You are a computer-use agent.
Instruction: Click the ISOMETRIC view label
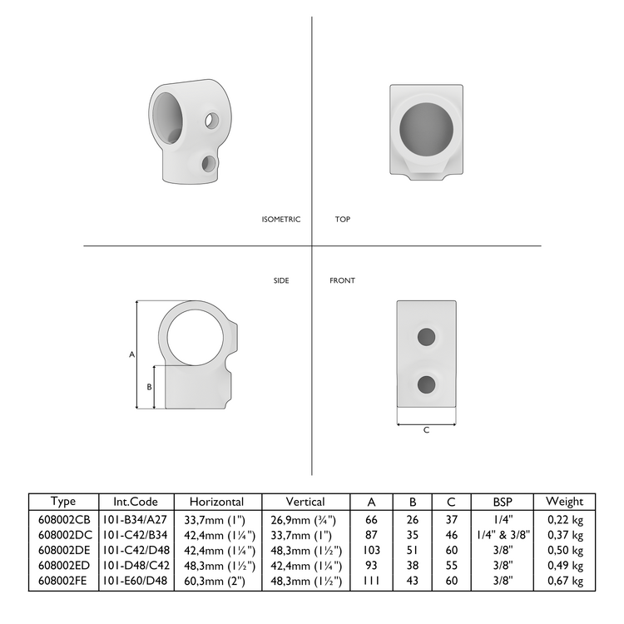click(280, 220)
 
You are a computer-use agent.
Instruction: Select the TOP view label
click(342, 220)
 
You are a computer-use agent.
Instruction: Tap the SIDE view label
click(281, 281)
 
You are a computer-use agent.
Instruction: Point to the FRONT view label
click(342, 281)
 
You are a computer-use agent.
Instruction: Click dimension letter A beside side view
click(131, 354)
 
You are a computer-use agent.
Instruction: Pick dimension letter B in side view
click(148, 387)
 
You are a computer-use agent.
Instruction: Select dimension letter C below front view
click(426, 430)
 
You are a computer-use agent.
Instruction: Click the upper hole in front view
click(426, 336)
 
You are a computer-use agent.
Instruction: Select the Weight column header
click(564, 502)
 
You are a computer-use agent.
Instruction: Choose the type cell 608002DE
click(63, 549)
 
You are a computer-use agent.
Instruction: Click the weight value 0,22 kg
click(565, 518)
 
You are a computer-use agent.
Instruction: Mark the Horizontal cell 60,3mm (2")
click(216, 581)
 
